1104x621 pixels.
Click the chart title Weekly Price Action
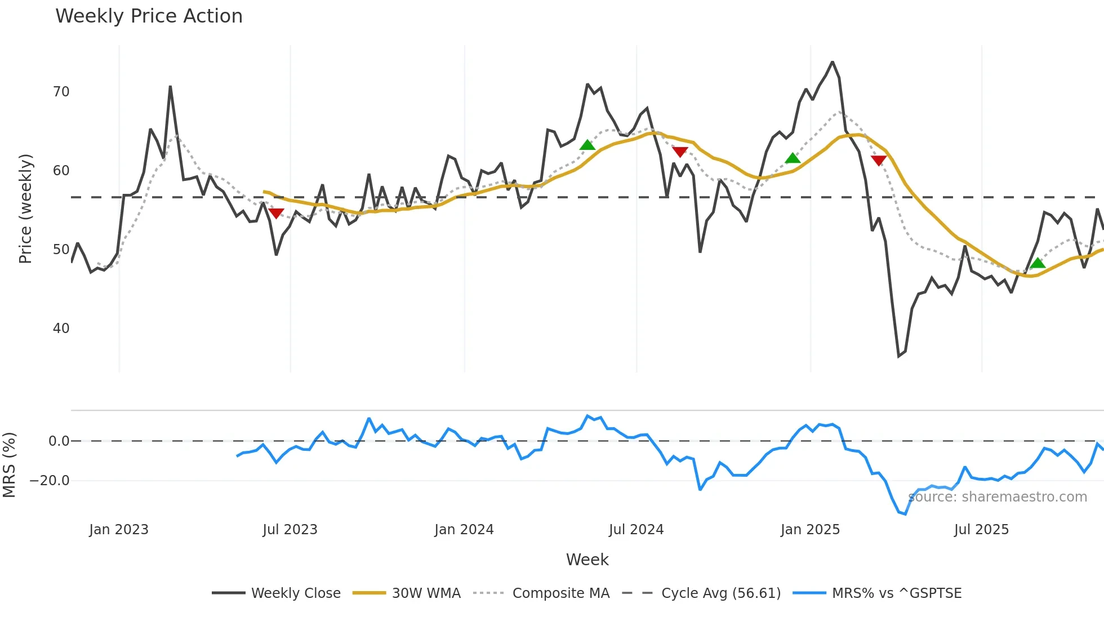pyautogui.click(x=149, y=16)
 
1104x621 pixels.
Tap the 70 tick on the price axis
pyautogui.click(x=61, y=92)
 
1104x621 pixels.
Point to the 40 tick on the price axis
pyautogui.click(x=61, y=329)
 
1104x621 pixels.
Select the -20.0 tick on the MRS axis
pyautogui.click(x=50, y=481)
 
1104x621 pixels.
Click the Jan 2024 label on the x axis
pyautogui.click(x=464, y=530)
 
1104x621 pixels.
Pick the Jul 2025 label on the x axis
pyautogui.click(x=981, y=530)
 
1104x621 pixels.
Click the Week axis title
pyautogui.click(x=587, y=560)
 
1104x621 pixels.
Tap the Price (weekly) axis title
pyautogui.click(x=25, y=209)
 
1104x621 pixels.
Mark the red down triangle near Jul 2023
pyautogui.click(x=276, y=213)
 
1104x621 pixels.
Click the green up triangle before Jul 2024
pyautogui.click(x=587, y=145)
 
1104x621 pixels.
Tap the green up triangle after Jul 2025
pyautogui.click(x=1038, y=263)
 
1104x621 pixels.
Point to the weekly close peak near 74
pyautogui.click(x=833, y=62)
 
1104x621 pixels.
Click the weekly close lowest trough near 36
pyautogui.click(x=899, y=356)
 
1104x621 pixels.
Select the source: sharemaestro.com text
pyautogui.click(x=998, y=497)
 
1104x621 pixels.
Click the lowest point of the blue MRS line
pyautogui.click(x=905, y=514)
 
